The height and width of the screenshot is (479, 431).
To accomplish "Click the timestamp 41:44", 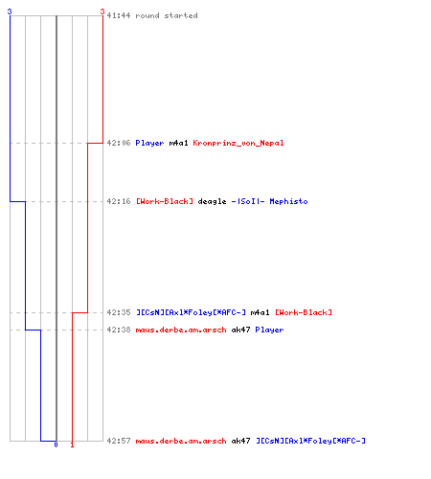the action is pos(119,15).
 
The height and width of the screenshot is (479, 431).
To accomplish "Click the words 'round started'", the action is pos(167,15).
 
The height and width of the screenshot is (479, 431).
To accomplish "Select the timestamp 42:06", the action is pos(119,143).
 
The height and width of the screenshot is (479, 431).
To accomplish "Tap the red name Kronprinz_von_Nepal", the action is pos(238,143).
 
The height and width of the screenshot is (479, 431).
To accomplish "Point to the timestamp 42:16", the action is pos(119,201).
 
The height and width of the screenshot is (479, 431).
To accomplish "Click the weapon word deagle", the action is pos(212,201).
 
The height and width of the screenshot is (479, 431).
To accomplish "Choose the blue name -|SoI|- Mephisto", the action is pos(269,201).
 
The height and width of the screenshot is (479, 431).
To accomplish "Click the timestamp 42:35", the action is pos(119,312).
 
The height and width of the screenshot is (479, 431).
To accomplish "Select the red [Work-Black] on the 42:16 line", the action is pos(165,201).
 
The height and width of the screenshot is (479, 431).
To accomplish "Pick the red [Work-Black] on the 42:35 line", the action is pos(304,312).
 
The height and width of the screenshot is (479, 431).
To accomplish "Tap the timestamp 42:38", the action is pos(119,330).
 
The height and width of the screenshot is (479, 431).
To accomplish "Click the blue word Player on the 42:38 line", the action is pos(269,330).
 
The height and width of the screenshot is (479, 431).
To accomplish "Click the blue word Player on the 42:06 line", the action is pos(149,143).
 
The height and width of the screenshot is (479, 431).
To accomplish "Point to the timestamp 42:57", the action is pos(119,441).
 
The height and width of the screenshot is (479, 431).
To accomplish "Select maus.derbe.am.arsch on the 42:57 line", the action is pos(181,441).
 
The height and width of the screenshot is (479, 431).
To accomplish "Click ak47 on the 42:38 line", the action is pos(240,330).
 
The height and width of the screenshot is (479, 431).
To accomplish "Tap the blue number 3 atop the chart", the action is pos(10,11).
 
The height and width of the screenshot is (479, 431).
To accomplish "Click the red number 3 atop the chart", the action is pos(102,11).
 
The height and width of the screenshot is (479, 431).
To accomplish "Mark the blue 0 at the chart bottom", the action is pos(56,445).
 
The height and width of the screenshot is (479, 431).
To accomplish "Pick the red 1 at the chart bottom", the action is pos(72,445).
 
